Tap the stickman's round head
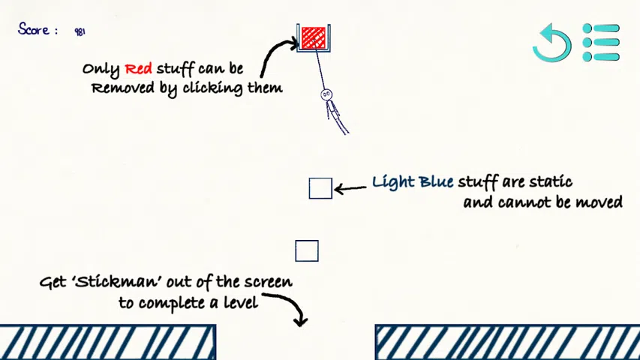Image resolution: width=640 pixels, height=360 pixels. pyautogui.click(x=326, y=94)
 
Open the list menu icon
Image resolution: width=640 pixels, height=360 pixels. pyautogui.click(x=601, y=42)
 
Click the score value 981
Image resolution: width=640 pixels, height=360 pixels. pyautogui.click(x=80, y=31)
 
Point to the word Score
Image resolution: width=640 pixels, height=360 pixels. pyautogui.click(x=34, y=30)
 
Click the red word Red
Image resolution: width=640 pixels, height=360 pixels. pyautogui.click(x=138, y=69)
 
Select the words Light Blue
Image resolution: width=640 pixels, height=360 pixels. pyautogui.click(x=412, y=182)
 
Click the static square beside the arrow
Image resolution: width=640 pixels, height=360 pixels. pyautogui.click(x=320, y=188)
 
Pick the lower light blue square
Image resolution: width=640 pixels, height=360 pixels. pyautogui.click(x=306, y=250)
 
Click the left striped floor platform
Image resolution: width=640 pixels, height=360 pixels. pyautogui.click(x=107, y=342)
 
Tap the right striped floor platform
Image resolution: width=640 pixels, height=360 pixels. pyautogui.click(x=507, y=342)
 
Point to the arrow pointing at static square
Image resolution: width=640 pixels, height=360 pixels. pyautogui.click(x=350, y=188)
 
